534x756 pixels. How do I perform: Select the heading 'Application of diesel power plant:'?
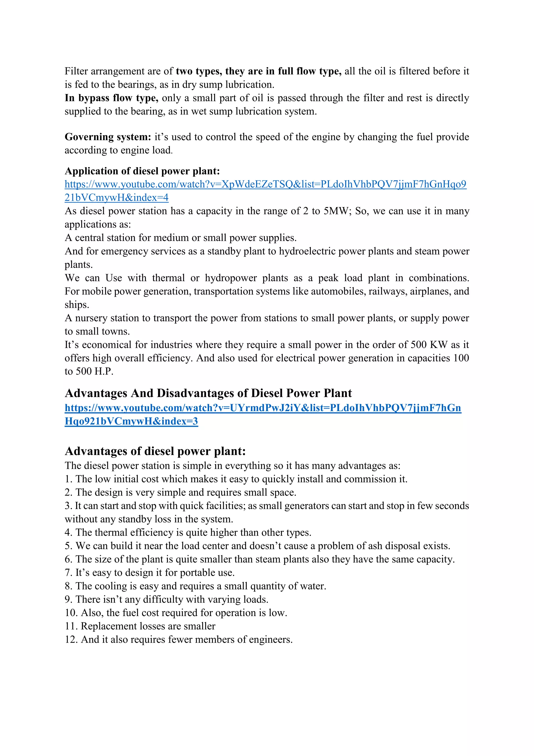coord(142,171)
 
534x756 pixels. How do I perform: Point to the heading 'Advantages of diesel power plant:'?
coord(155,451)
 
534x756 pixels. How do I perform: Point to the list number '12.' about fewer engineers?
coord(71,639)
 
